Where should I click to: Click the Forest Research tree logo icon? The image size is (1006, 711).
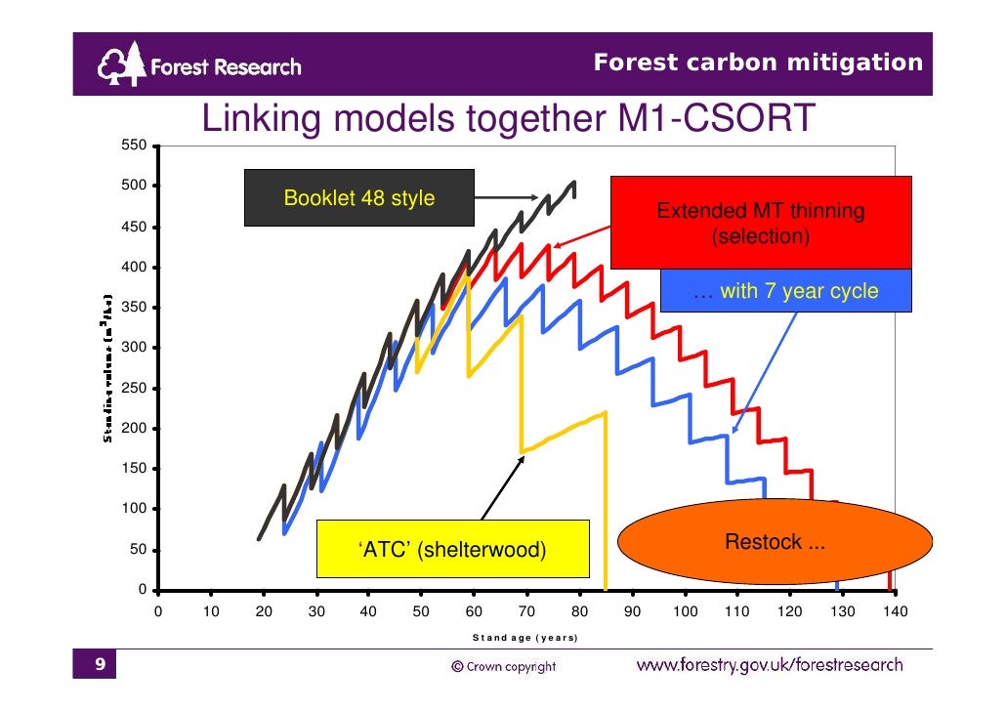coord(121,66)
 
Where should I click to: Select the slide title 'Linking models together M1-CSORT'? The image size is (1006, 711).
coord(507,120)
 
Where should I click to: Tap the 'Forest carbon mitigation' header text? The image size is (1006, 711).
coord(758,63)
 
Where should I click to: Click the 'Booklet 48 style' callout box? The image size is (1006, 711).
coord(358,198)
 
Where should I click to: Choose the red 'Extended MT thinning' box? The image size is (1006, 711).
coord(760,223)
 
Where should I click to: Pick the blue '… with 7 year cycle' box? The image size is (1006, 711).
coord(785,291)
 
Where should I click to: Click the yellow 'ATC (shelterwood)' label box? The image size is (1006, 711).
coord(452,550)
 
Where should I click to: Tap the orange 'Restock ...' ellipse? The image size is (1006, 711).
coord(775,542)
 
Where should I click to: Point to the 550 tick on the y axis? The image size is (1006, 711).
coord(133,146)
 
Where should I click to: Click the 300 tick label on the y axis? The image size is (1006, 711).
coord(133,348)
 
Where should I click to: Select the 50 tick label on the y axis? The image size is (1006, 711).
coord(138,550)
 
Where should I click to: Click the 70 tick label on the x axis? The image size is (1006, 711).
coord(526,611)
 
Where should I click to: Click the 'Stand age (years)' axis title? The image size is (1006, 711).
coord(524,638)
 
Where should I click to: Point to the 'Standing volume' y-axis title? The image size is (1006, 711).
coord(108,368)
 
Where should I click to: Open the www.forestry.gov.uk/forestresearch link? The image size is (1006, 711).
coord(770,666)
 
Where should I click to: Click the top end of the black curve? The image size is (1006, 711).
coord(573,183)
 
